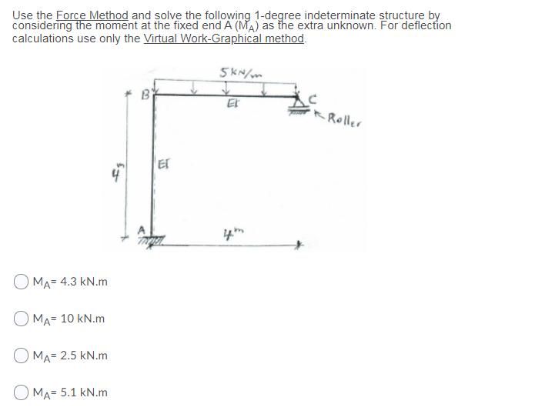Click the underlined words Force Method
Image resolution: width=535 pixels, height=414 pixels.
[85, 15]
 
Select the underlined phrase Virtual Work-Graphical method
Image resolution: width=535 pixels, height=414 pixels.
[224, 38]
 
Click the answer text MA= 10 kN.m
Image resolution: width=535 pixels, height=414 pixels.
[68, 319]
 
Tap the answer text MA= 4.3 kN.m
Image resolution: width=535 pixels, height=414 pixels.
[69, 282]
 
